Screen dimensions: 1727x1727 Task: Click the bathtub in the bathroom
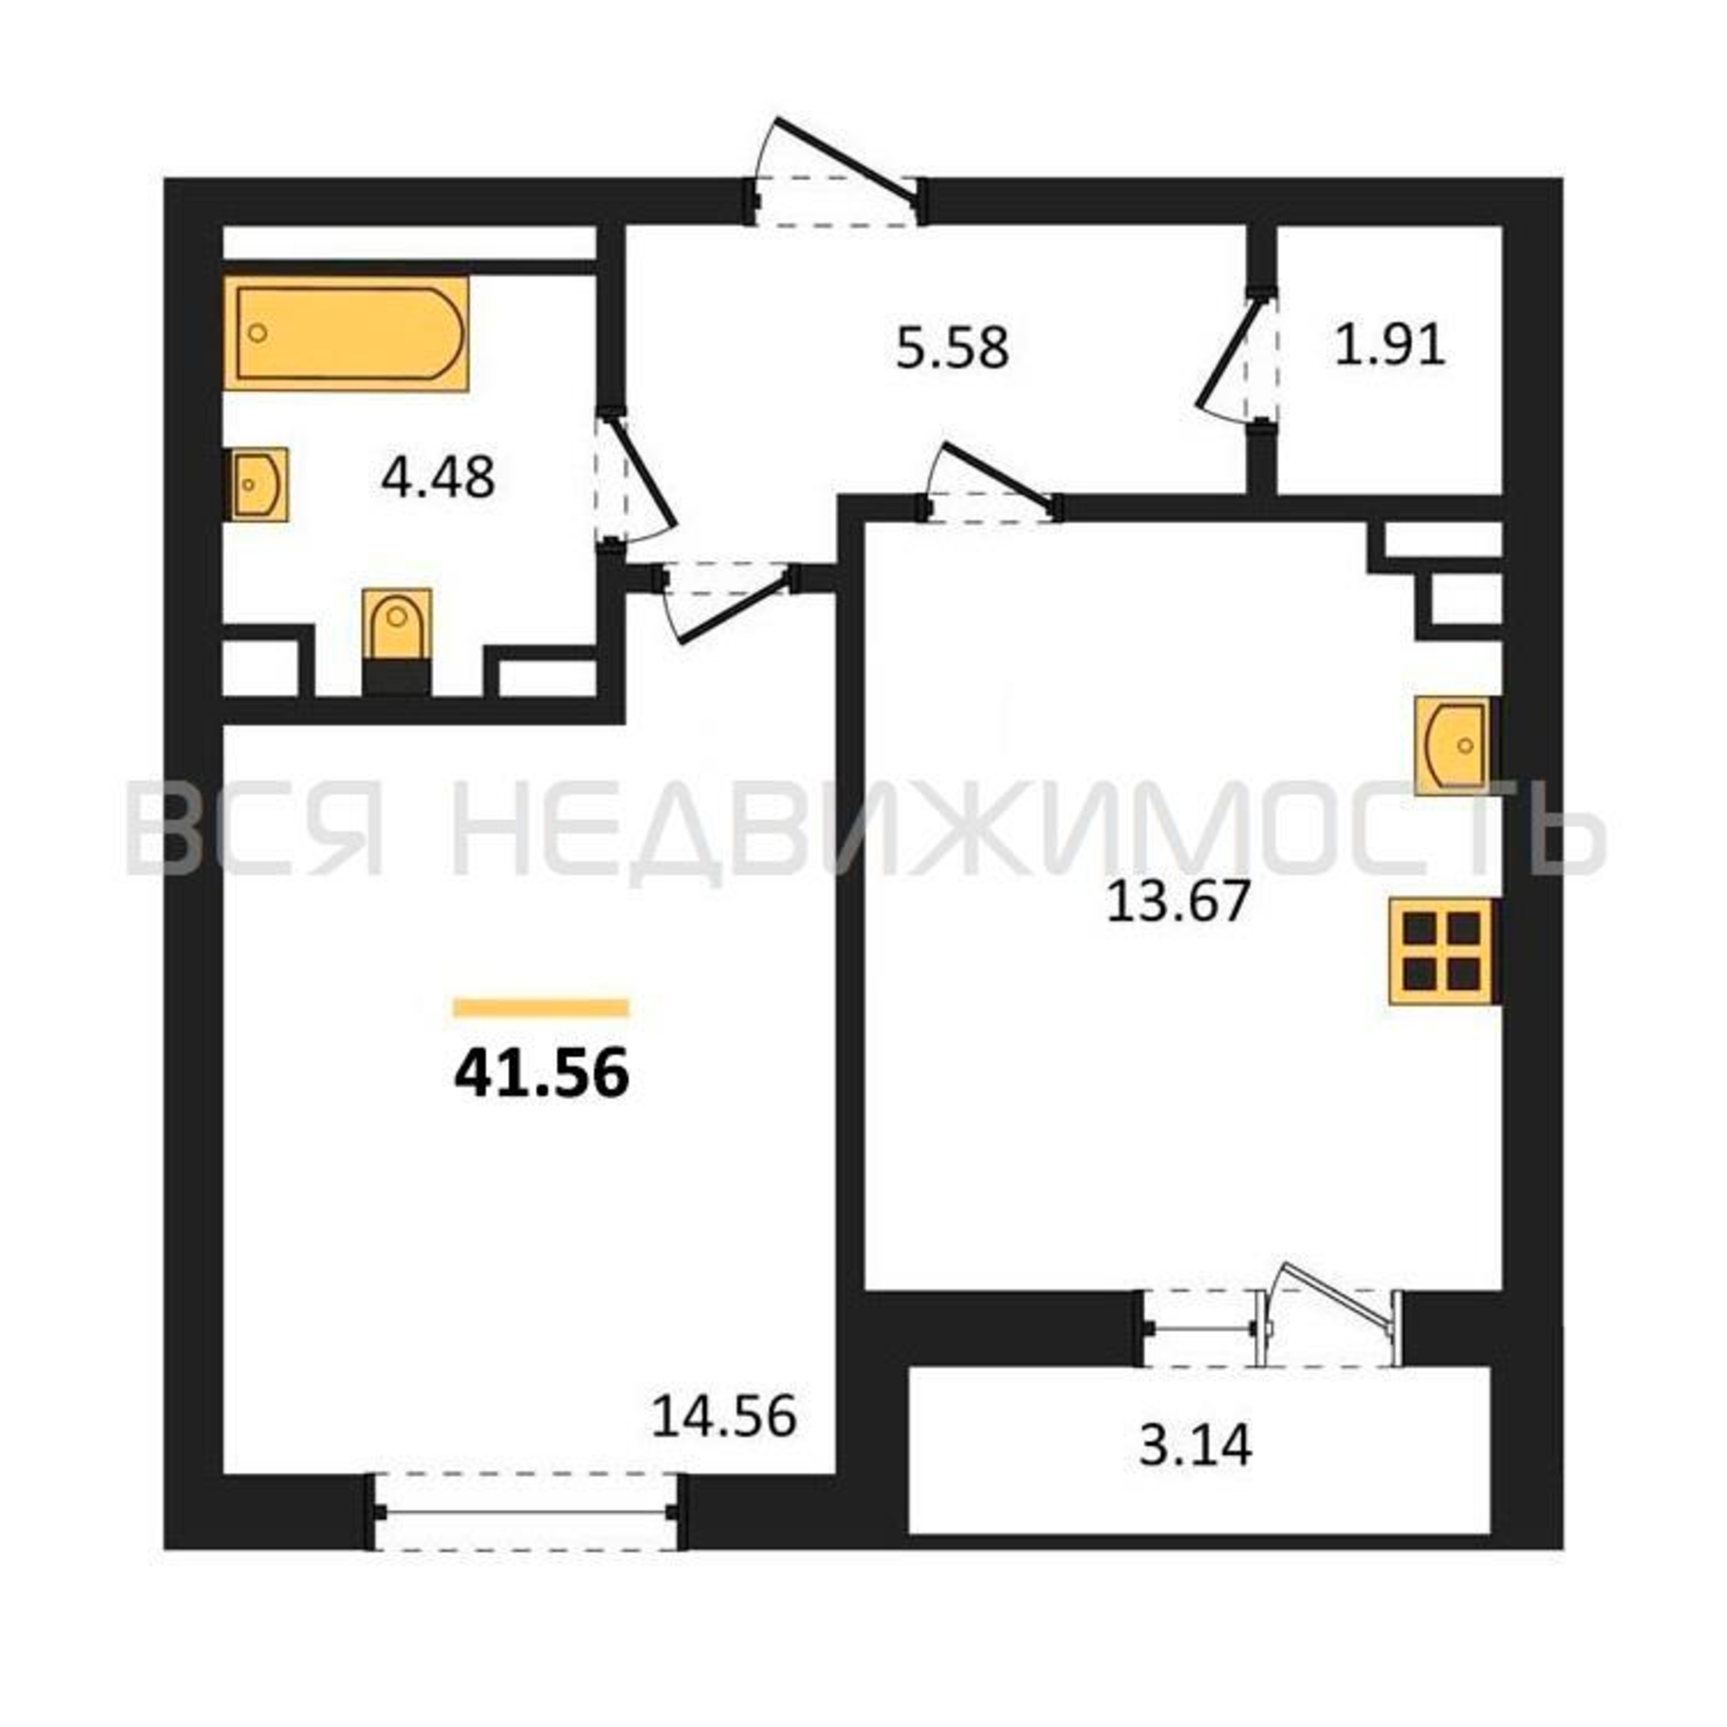coord(346,333)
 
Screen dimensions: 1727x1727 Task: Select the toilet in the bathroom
coord(397,641)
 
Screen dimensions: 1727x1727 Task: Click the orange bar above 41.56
coord(541,1009)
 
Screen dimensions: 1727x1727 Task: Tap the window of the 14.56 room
coord(526,1513)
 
